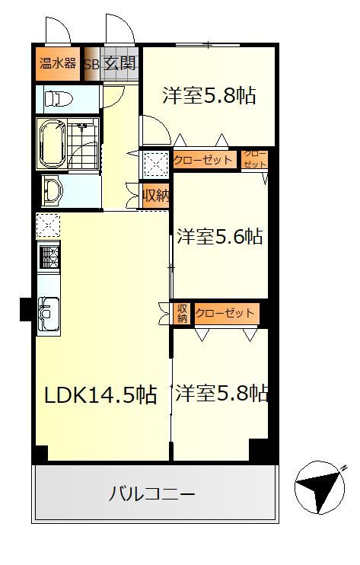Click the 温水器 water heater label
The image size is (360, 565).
[x=58, y=63]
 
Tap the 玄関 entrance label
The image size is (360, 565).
[x=120, y=63]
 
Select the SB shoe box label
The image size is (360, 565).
[x=92, y=65]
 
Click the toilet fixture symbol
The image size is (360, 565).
[x=59, y=98]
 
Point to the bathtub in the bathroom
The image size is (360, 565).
[x=53, y=144]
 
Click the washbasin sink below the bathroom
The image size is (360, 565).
[x=53, y=190]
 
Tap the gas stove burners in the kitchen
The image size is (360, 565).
[x=49, y=256]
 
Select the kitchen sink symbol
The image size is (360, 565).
[x=49, y=313]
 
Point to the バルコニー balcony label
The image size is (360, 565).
[x=152, y=493]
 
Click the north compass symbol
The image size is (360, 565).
[x=320, y=487]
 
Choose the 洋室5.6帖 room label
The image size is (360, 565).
[x=220, y=236]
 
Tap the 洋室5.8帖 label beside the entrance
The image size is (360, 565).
[x=209, y=95]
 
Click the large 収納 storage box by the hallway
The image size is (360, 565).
[x=155, y=196]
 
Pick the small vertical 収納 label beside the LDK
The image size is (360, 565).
[x=182, y=314]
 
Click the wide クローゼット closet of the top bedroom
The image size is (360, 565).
[x=204, y=160]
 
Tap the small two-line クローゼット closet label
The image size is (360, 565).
[x=255, y=159]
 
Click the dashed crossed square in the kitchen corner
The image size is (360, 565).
[x=48, y=225]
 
